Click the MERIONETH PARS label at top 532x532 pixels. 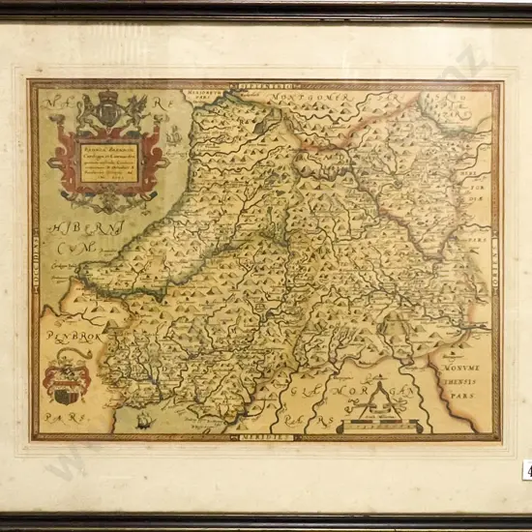206,95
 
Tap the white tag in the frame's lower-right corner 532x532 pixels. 527,469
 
